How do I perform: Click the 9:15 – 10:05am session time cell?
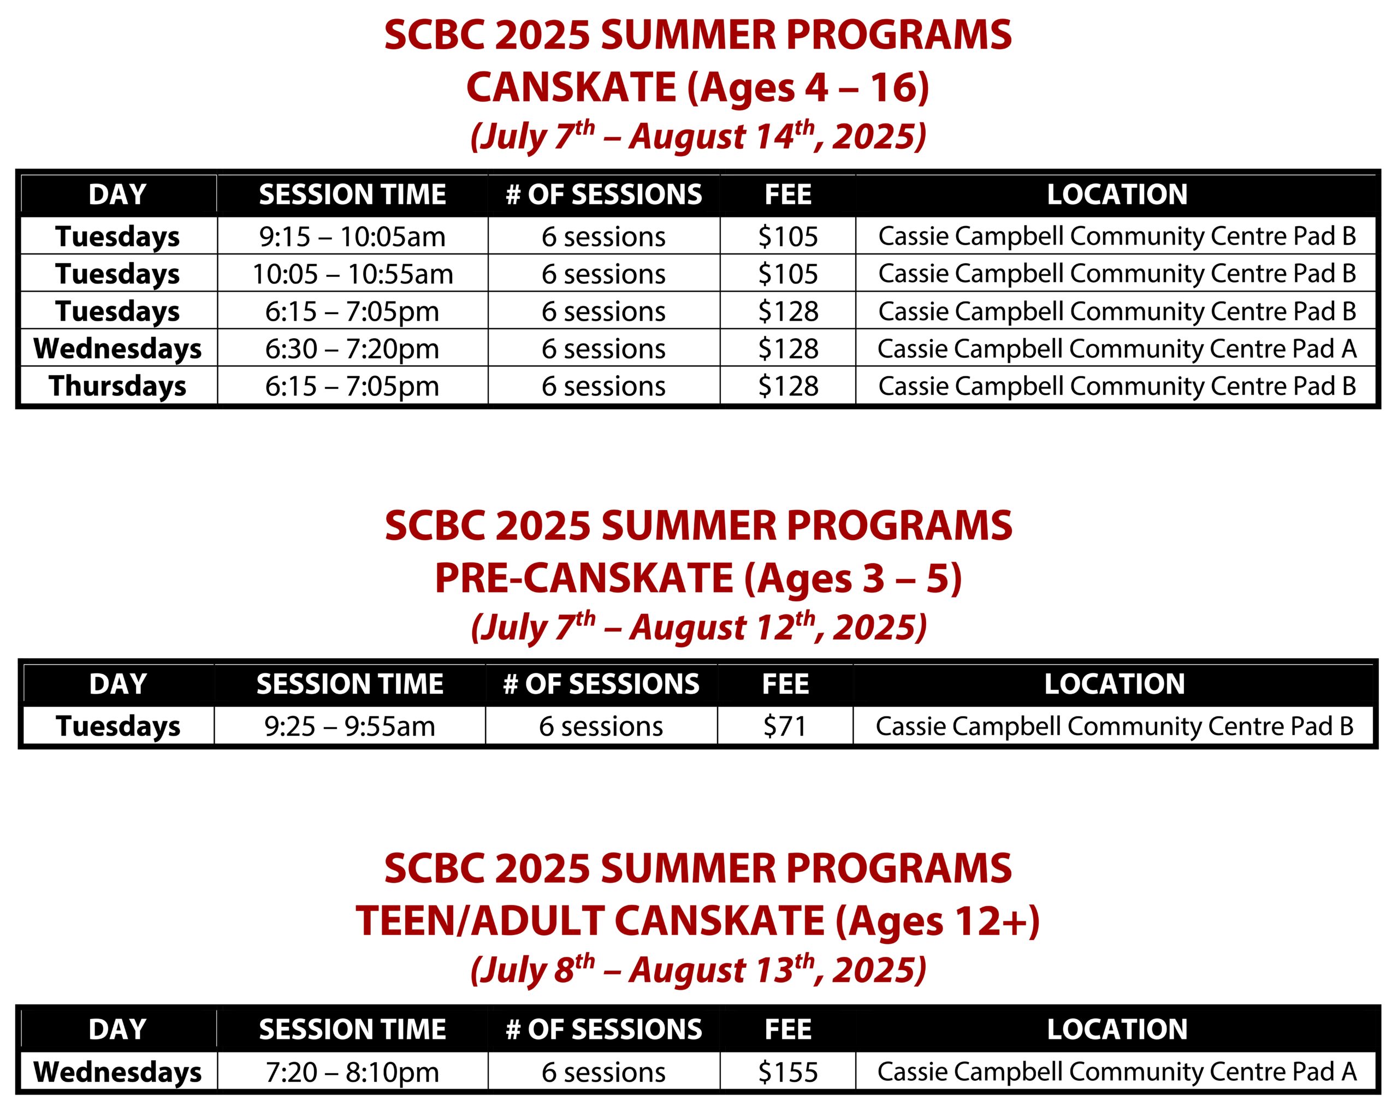point(352,236)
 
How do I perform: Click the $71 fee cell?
point(785,726)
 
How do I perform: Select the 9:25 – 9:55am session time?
point(349,726)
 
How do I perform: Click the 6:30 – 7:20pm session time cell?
point(352,349)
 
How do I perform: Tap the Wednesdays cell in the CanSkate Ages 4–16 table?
point(117,349)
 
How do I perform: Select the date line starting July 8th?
point(698,971)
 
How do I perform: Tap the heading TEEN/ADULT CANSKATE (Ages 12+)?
point(698,921)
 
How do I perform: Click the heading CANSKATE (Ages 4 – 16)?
point(698,87)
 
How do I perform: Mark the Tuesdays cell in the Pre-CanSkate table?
point(118,726)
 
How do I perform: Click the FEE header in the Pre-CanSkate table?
point(785,684)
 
